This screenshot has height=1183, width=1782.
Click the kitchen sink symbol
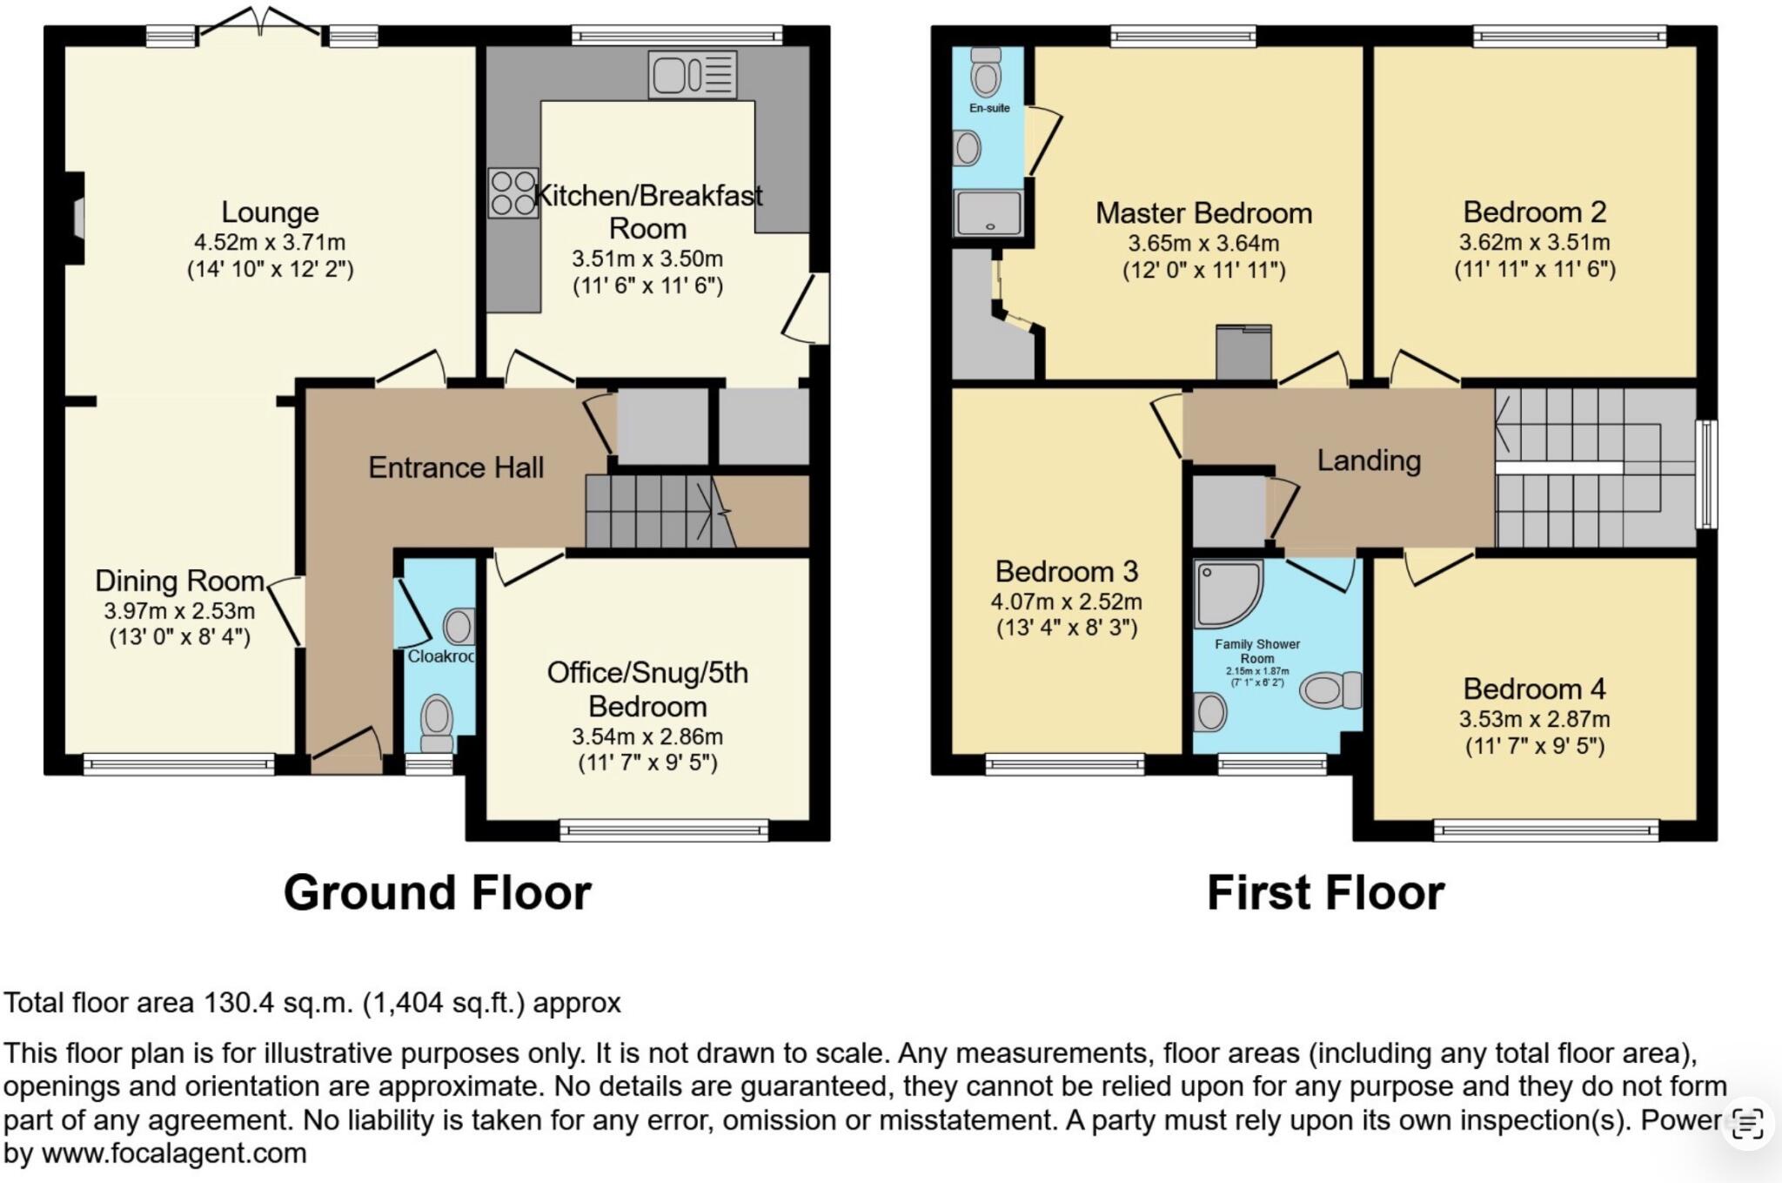pos(692,74)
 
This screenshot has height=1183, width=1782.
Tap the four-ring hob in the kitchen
pos(512,193)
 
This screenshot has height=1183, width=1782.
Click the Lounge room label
pos(270,212)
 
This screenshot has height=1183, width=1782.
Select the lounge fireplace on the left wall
pos(77,218)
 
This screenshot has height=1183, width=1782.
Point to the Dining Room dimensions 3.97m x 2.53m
pos(180,611)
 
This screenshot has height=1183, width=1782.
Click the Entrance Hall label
pos(456,467)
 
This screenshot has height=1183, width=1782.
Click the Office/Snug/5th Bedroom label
pos(647,689)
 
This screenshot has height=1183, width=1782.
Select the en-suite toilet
pos(986,72)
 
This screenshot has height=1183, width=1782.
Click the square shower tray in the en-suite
pos(988,213)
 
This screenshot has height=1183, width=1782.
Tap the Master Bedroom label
pos(1203,213)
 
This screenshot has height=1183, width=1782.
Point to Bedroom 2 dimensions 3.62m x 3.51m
pos(1535,243)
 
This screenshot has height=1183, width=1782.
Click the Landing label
pos(1368,460)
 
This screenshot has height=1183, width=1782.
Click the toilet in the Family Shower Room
pos(1330,690)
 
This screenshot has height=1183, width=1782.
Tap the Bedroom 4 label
pos(1534,689)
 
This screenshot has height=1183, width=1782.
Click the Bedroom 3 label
pos(1067,572)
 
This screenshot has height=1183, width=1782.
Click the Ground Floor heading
pos(438,893)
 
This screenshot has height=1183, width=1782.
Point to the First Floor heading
pos(1325,893)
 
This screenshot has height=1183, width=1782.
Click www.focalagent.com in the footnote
pos(174,1154)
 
